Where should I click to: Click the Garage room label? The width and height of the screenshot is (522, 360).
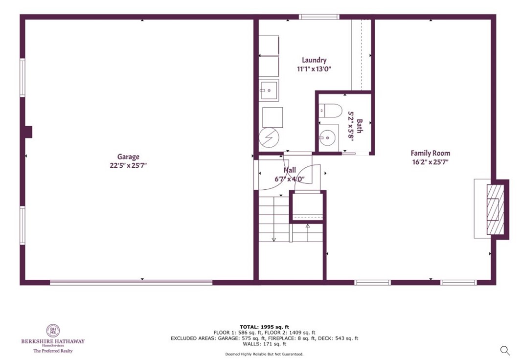click(x=128, y=157)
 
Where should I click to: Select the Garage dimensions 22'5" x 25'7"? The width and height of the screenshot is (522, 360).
click(x=128, y=165)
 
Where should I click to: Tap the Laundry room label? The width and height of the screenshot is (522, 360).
click(x=314, y=60)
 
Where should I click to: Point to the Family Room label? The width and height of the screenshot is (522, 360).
click(x=430, y=153)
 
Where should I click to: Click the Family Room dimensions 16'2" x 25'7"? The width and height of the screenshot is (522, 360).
click(x=430, y=161)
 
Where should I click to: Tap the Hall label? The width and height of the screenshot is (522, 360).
click(x=290, y=170)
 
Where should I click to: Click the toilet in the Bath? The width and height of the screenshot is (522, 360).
click(x=331, y=112)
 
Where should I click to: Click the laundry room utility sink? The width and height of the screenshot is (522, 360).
click(x=269, y=90)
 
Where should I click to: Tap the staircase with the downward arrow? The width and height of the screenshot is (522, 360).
click(x=274, y=218)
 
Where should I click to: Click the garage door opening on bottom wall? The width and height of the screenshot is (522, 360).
click(x=131, y=282)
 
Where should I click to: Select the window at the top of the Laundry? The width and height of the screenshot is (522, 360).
click(x=319, y=17)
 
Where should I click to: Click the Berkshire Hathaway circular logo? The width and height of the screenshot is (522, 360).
click(x=53, y=331)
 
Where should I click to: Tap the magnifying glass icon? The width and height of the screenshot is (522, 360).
click(x=505, y=350)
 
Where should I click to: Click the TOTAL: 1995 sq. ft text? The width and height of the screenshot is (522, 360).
click(x=264, y=327)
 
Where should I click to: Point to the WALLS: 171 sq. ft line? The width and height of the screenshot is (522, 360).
click(x=264, y=344)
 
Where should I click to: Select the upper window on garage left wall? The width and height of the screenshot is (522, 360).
click(x=23, y=77)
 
